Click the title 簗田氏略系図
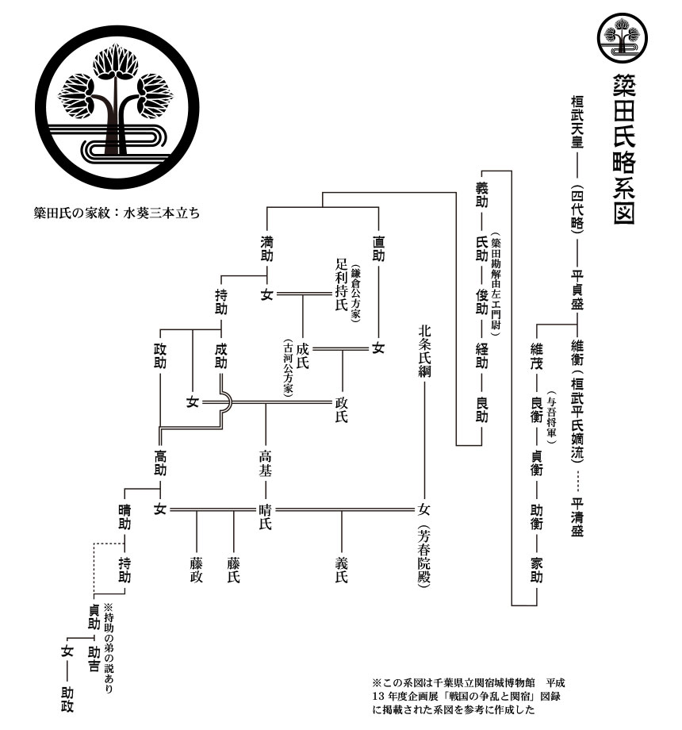point(623,149)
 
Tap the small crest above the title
point(623,38)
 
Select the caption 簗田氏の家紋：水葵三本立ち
point(117,213)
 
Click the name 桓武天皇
point(577,121)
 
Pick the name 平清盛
point(577,517)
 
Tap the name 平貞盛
point(577,290)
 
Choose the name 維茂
point(536,356)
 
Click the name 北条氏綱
point(423,351)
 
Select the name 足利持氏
point(342,284)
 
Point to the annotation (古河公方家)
point(289,368)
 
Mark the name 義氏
point(342,571)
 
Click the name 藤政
point(196,571)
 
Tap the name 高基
point(265,463)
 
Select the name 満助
point(266,248)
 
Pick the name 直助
point(378,248)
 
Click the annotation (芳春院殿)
point(423,557)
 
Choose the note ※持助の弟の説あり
point(108,648)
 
